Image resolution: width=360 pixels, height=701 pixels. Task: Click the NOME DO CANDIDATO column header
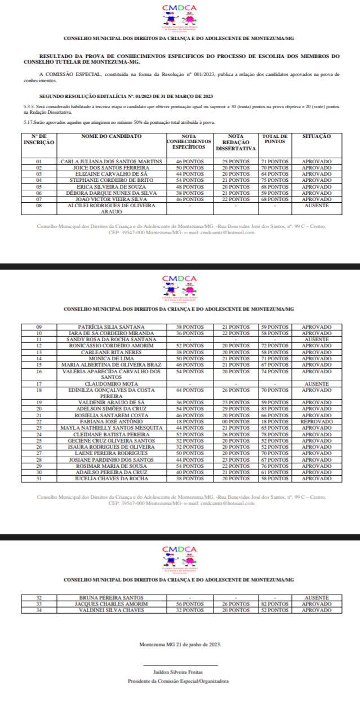(x=111, y=137)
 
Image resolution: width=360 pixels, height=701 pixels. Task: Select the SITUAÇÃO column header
(x=316, y=137)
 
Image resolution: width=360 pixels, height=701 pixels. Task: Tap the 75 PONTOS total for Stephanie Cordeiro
(x=274, y=180)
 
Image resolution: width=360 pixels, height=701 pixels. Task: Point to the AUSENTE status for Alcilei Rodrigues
(x=316, y=206)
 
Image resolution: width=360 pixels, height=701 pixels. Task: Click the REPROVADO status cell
(x=317, y=421)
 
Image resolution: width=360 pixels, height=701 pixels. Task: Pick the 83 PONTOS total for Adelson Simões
(x=274, y=409)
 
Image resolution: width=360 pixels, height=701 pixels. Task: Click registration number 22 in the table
(x=39, y=421)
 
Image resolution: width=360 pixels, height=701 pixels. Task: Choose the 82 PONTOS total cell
(x=274, y=604)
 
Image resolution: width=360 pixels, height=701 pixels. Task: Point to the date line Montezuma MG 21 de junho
(x=180, y=644)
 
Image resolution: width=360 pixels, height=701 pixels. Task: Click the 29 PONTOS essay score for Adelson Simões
(x=235, y=409)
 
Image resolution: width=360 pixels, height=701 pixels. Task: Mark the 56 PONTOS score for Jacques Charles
(x=190, y=604)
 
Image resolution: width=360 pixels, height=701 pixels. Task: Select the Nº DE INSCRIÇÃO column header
(x=39, y=140)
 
